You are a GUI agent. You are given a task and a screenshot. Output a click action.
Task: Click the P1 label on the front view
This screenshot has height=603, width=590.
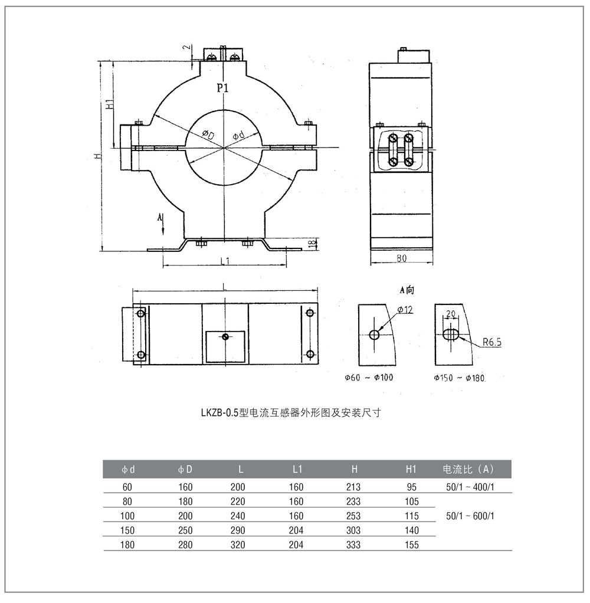[222, 89]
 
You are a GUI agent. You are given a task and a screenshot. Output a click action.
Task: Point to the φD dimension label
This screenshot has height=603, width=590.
[208, 135]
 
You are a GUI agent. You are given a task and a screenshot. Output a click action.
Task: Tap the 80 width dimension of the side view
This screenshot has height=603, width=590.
[401, 258]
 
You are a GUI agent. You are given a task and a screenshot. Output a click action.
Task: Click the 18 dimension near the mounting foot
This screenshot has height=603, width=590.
[313, 242]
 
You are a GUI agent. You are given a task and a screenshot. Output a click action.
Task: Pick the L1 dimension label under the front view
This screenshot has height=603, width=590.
[224, 261]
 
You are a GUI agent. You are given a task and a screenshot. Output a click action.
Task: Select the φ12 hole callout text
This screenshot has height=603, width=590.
[404, 310]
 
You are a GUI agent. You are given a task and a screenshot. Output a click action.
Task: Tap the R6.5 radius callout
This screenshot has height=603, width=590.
[491, 341]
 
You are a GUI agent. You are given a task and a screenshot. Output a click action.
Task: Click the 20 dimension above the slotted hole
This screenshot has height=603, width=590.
[451, 314]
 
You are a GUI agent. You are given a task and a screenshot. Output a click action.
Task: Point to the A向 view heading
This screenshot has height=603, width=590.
[407, 290]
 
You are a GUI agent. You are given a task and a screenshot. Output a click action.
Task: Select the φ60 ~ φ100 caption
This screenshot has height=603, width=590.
[369, 378]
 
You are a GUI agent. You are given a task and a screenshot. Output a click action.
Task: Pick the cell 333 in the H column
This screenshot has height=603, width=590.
[354, 545]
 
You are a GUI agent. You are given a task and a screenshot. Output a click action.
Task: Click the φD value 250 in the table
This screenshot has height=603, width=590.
[185, 530]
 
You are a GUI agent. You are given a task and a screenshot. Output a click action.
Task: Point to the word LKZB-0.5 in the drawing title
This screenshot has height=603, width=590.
[219, 413]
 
